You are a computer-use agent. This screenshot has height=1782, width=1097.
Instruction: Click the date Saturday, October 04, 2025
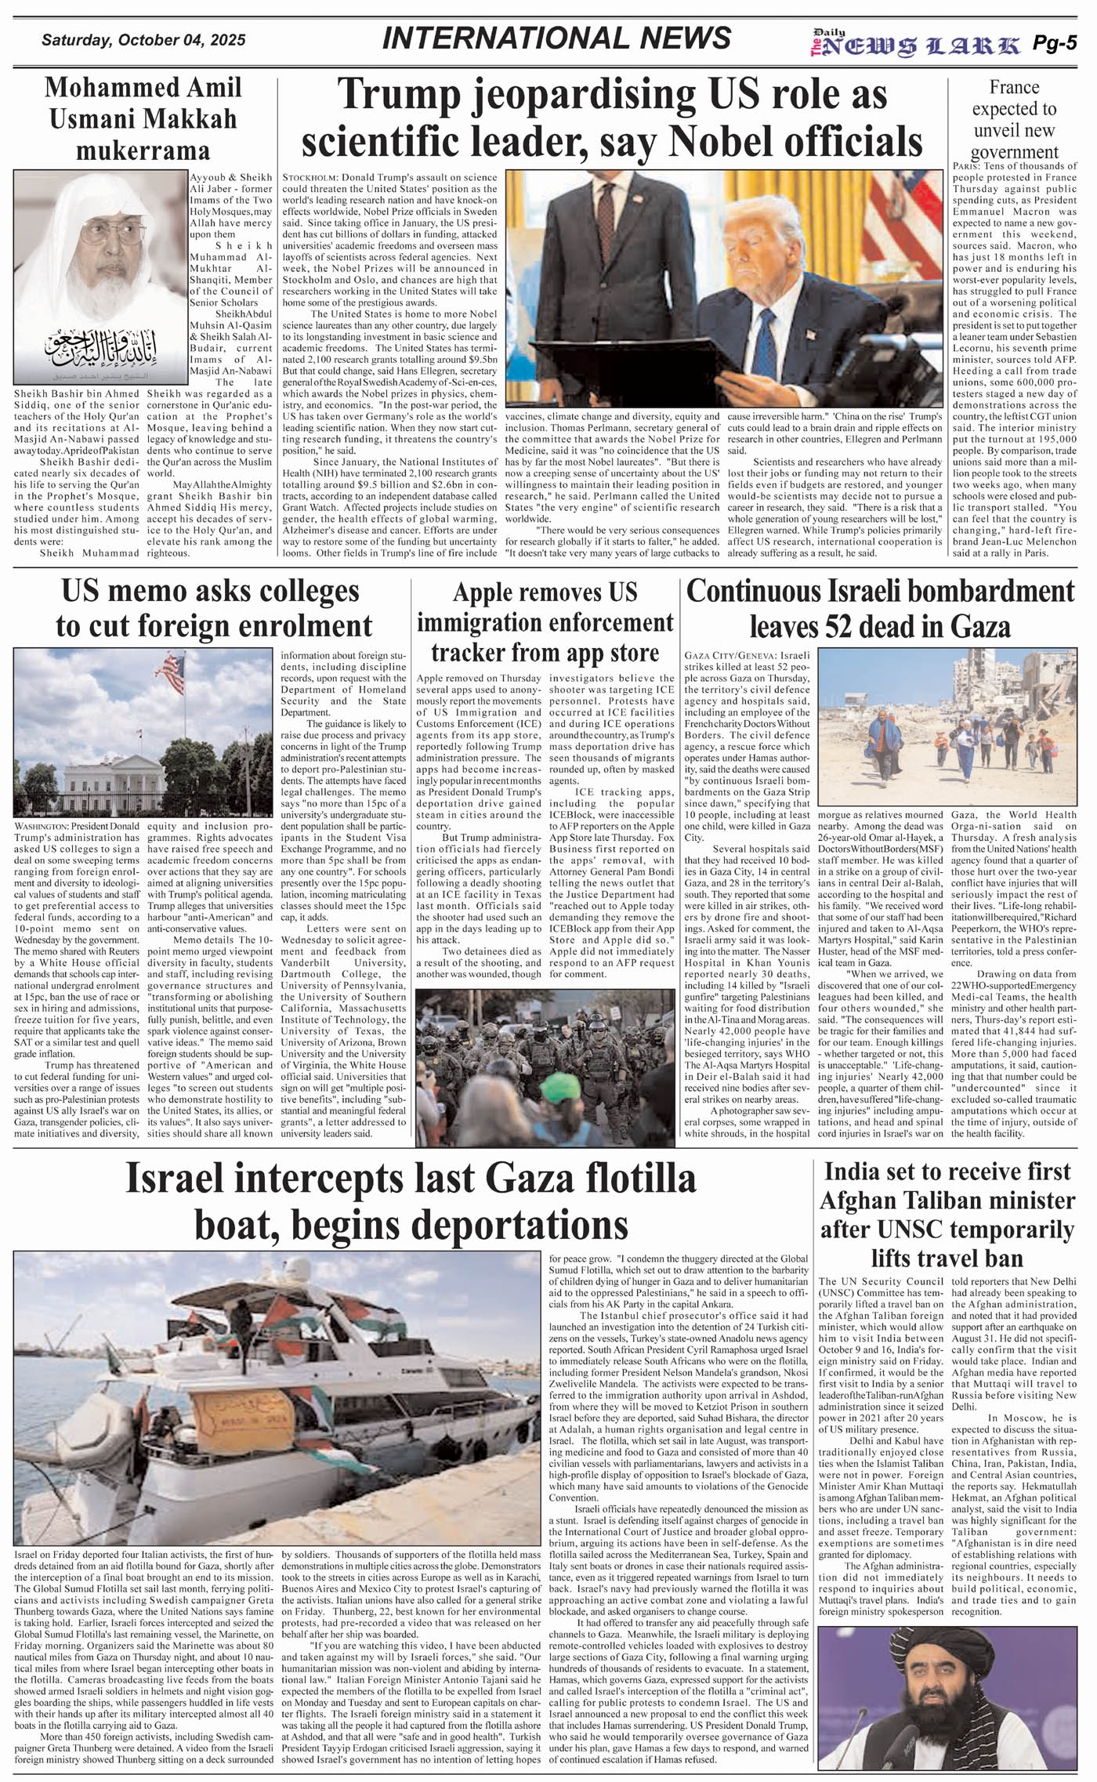143,41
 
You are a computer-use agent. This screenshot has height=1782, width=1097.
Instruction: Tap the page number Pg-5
1054,44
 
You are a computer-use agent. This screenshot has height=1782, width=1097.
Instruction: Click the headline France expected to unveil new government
1014,119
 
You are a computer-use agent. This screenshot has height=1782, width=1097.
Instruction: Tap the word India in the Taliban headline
858,1172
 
